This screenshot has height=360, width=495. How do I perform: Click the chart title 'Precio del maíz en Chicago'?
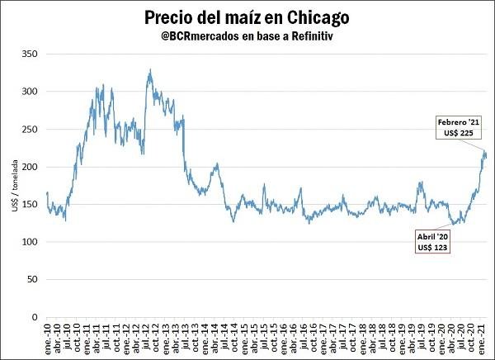point(246,17)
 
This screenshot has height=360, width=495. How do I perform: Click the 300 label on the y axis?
point(30,92)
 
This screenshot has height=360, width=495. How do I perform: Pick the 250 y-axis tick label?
point(30,130)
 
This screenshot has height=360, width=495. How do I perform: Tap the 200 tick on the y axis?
point(30,168)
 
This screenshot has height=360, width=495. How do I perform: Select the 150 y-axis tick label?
point(30,205)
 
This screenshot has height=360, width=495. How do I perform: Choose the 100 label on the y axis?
point(30,242)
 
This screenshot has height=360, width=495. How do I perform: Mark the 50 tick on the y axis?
point(32,279)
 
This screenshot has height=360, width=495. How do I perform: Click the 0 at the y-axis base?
point(35,317)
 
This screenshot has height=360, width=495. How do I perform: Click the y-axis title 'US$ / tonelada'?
point(15,187)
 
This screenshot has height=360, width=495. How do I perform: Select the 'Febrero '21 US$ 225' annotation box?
point(459,127)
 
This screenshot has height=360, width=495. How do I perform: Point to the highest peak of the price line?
point(150,70)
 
